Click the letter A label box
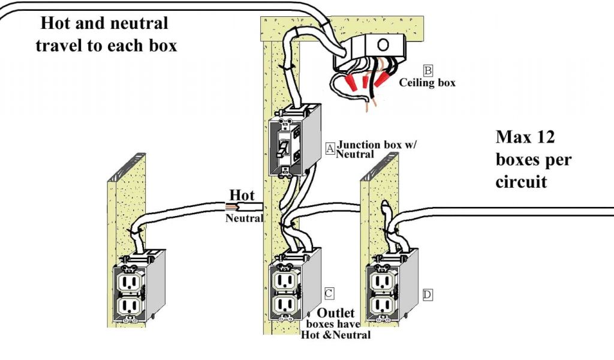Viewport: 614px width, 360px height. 330,149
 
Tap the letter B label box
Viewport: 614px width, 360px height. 428,70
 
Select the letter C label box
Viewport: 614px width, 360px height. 329,293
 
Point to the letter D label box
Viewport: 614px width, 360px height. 427,295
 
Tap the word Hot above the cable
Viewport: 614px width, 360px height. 242,196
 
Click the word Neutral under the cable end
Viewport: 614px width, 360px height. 243,218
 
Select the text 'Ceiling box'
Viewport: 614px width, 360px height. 427,83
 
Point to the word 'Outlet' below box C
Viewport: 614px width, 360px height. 336,313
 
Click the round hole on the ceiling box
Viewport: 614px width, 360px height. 381,44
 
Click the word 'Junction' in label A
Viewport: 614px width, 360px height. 360,145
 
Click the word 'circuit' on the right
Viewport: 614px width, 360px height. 521,181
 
